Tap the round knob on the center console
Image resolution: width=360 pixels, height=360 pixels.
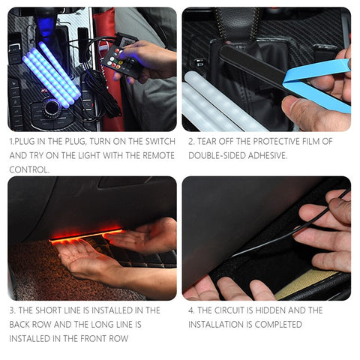[x=52, y=106]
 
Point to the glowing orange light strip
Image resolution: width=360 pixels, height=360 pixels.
[x=86, y=235]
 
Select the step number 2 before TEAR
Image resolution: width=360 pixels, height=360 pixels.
[x=191, y=141]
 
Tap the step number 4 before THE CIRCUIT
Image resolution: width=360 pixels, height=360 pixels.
[x=191, y=310]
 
